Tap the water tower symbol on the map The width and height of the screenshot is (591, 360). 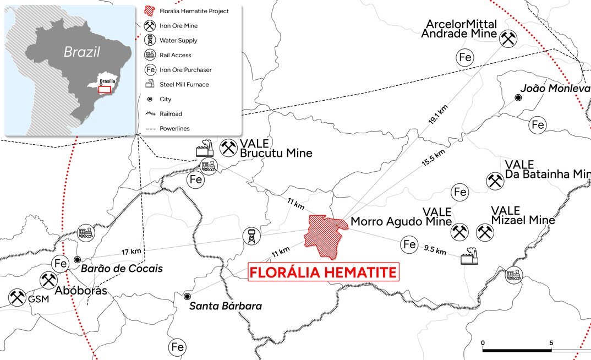(x=251, y=236)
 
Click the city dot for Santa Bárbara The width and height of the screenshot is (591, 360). (x=188, y=296)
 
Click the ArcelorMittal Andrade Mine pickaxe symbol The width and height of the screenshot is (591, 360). (x=507, y=37)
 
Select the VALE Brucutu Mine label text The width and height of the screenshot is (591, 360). (x=276, y=148)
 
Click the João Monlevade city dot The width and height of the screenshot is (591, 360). (x=518, y=97)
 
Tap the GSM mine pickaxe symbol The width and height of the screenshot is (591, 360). (x=17, y=298)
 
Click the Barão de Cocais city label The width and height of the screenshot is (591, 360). (x=122, y=269)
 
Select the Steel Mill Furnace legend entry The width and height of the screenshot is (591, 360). (x=184, y=85)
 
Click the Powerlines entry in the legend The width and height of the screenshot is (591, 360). (x=174, y=129)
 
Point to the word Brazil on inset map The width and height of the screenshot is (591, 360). (x=81, y=52)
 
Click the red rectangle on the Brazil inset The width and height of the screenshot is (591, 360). (x=103, y=89)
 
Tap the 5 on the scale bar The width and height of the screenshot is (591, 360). (x=551, y=342)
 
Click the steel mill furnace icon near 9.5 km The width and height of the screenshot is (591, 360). (x=469, y=256)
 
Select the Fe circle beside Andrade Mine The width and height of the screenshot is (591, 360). (x=466, y=57)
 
